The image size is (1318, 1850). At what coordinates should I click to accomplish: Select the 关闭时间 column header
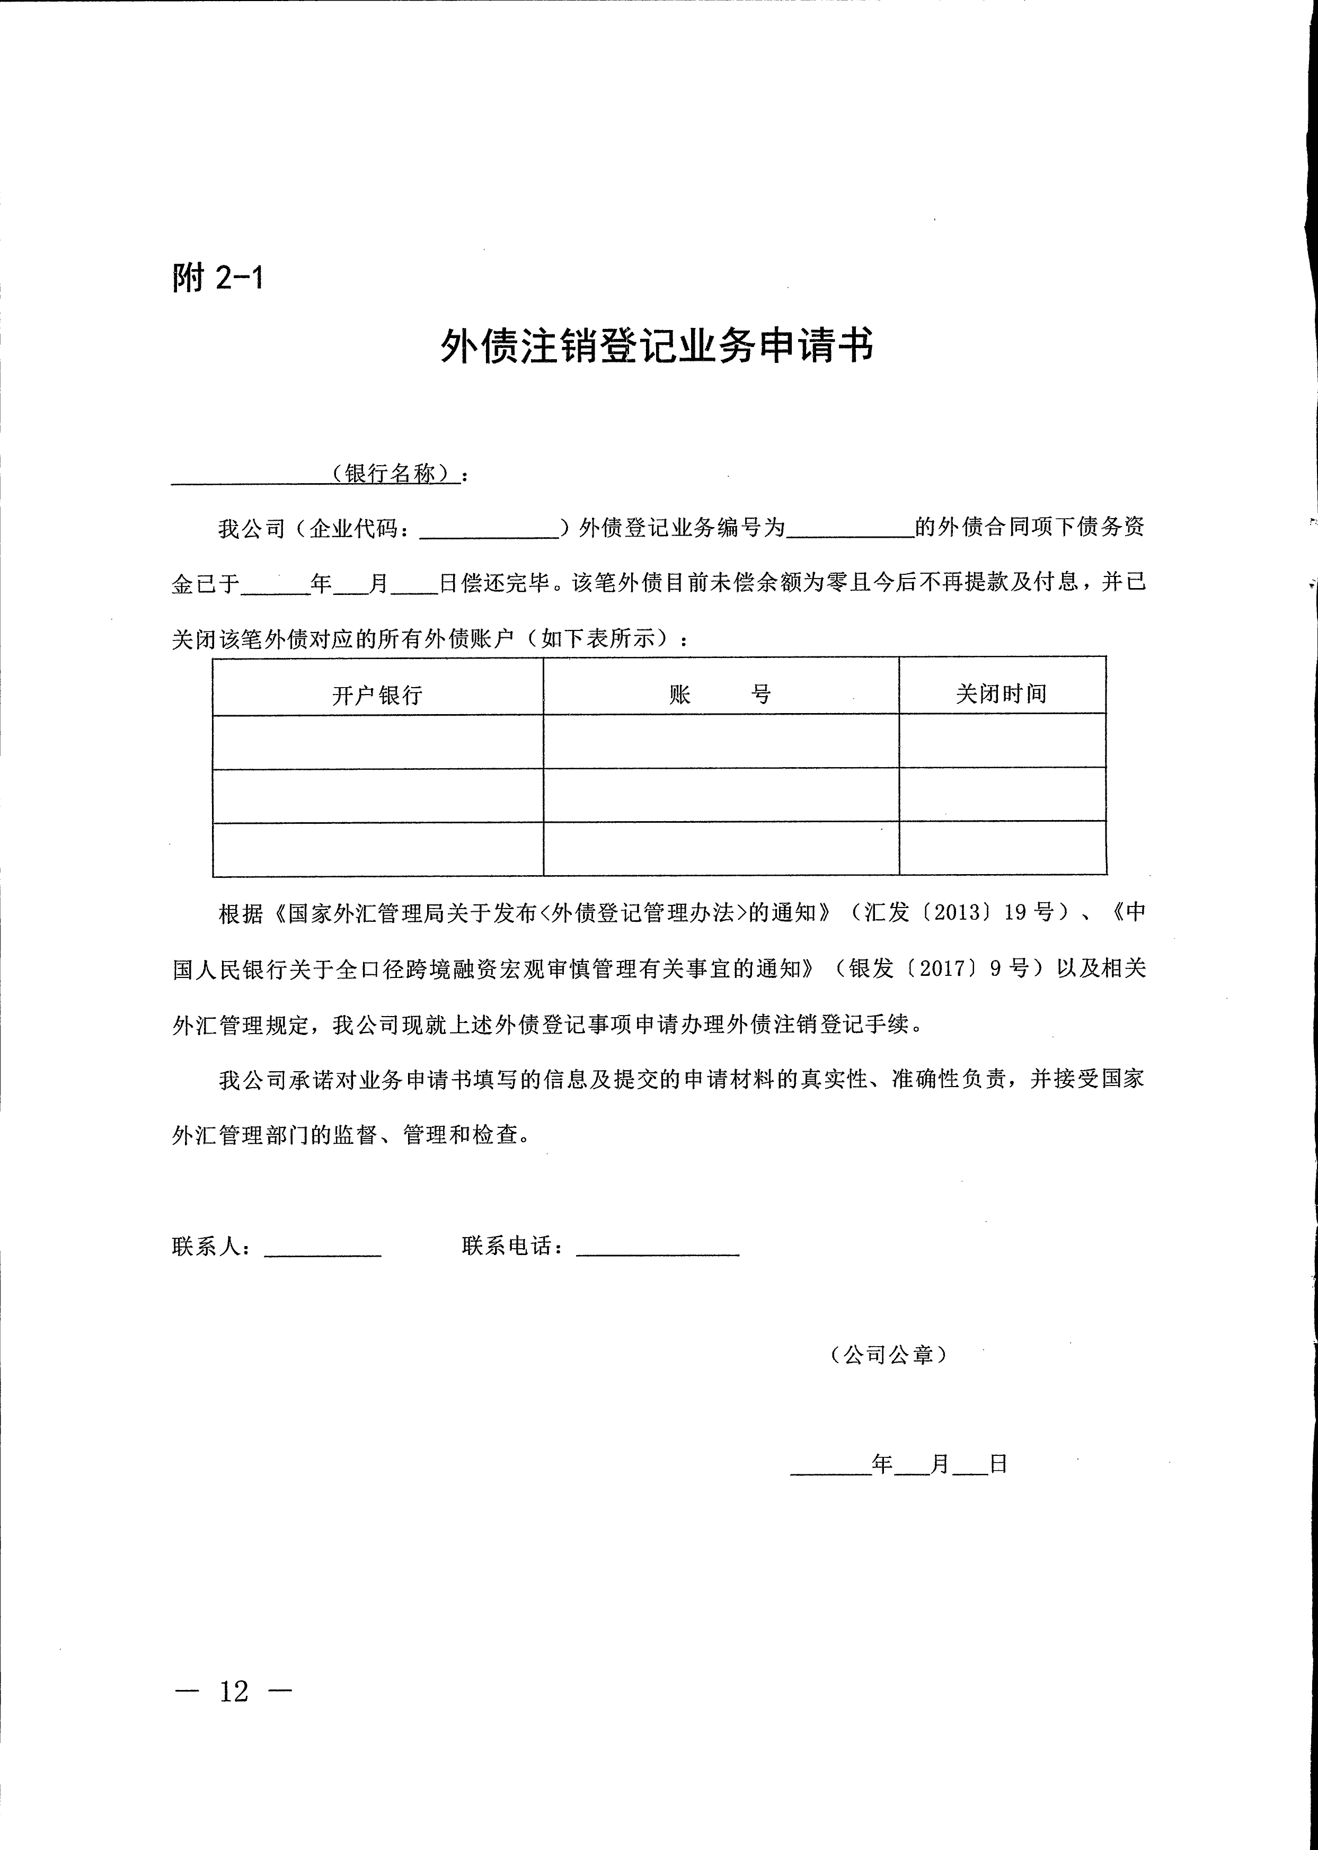point(1002,694)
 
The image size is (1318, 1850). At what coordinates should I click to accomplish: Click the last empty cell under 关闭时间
point(1002,848)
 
